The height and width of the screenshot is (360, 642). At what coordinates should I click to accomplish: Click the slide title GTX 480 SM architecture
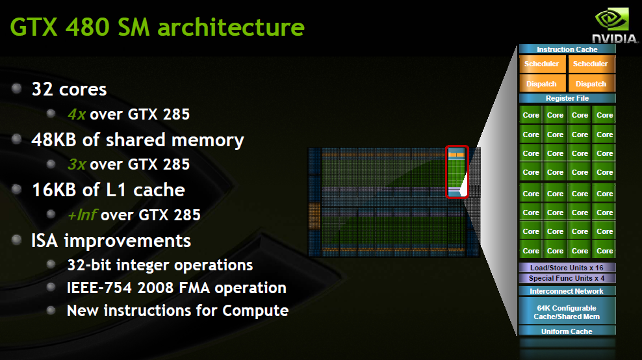(158, 27)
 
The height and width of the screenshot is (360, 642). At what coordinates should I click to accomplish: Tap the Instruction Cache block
(567, 49)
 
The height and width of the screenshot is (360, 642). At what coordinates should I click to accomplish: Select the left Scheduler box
(541, 64)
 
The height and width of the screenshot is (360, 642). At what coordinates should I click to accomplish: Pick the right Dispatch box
(591, 84)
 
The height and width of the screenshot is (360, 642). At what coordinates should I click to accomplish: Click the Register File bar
(567, 98)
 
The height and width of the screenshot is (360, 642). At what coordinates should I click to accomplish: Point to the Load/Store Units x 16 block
(567, 268)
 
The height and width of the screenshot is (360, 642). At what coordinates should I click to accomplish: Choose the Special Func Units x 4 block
(567, 278)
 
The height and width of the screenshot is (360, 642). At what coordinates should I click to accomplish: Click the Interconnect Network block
(567, 291)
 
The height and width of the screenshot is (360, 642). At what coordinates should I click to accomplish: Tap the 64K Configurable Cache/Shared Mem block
(567, 313)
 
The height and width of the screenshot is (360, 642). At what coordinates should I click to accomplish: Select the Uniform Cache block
(567, 331)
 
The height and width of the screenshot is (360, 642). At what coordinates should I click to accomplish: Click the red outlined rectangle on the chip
(457, 172)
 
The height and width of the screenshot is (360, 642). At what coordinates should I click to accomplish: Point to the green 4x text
(77, 114)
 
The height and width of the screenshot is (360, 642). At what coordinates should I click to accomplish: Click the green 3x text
(77, 164)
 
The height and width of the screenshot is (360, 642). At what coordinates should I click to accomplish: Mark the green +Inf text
(82, 214)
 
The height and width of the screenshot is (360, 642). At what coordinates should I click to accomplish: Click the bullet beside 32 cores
(18, 88)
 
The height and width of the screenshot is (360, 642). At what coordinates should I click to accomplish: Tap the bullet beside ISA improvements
(18, 240)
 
